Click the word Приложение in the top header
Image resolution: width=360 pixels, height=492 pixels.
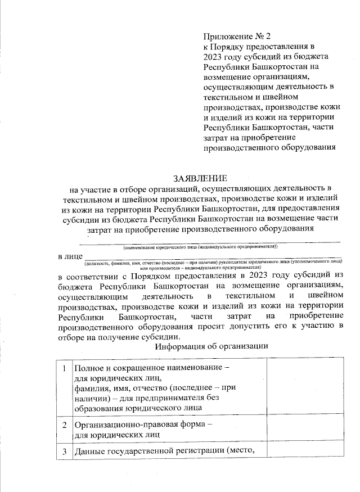(x=227, y=35)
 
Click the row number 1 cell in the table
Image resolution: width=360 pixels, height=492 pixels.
(x=65, y=368)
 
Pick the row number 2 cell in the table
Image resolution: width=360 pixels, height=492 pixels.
(x=65, y=425)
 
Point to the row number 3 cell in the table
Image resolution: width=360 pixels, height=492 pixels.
(x=65, y=452)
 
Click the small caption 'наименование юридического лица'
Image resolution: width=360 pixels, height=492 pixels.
(x=169, y=247)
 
